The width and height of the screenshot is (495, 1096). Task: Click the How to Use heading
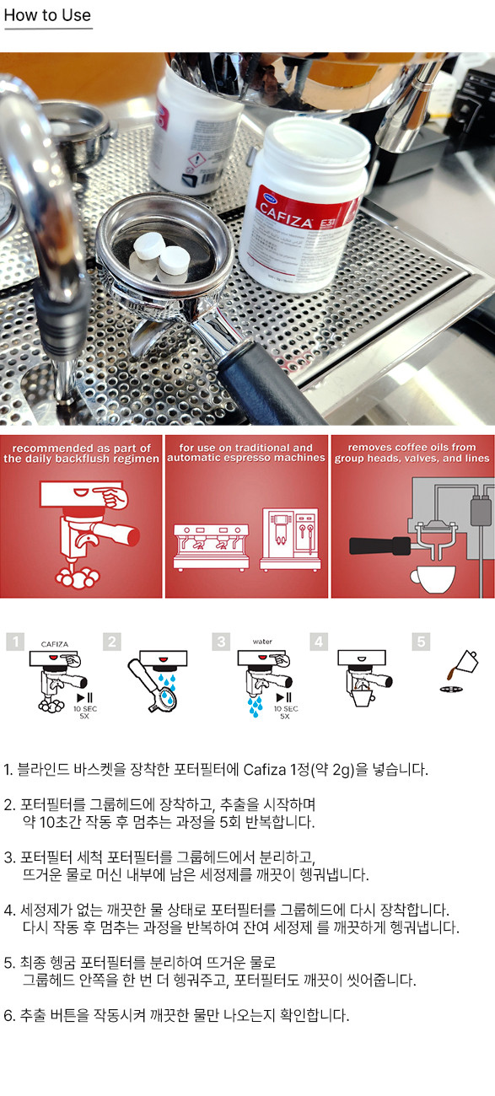point(47,15)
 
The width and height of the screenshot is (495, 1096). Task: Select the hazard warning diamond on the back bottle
point(196,159)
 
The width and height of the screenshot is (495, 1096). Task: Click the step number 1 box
point(15,642)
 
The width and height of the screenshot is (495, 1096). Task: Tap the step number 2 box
point(112,642)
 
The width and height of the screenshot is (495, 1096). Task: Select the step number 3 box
point(221,642)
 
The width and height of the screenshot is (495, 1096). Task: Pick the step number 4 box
point(319,642)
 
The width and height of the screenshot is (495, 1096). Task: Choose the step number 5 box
point(421,642)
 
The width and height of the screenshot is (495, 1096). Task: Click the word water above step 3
point(262,642)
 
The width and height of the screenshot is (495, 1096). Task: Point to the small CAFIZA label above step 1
point(55,644)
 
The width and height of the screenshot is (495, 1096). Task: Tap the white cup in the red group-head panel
point(433,578)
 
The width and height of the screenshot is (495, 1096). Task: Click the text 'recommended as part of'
point(81,449)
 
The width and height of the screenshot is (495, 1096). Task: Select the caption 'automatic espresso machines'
point(246,458)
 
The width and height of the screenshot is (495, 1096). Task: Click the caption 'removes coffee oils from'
point(412,447)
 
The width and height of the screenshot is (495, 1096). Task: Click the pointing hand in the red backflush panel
point(111,497)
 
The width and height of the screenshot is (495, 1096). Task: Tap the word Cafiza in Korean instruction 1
point(265,769)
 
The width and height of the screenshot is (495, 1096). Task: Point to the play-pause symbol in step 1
point(84,698)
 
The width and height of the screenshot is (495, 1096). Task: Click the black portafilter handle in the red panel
point(380,545)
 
